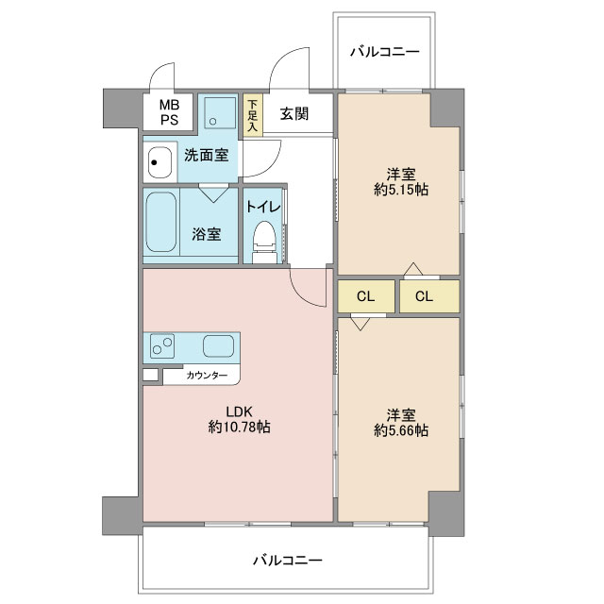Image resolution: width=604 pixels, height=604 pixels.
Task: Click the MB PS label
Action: point(170,112)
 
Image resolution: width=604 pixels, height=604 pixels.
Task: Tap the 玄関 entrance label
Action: point(294,113)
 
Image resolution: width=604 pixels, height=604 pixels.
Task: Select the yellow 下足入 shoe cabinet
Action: point(253,115)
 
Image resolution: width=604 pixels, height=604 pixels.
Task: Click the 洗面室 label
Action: point(206,155)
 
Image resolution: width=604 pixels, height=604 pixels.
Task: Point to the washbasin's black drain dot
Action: point(154,162)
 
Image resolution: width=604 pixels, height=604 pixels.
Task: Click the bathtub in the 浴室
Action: point(161,223)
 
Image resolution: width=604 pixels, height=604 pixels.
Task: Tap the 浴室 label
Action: point(207,234)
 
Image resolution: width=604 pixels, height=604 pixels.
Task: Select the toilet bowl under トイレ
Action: point(264,242)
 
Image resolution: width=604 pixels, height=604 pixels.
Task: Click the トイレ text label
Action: point(263,207)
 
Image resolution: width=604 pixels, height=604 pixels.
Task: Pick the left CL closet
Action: point(366,296)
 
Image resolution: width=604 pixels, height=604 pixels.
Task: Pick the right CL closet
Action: point(429,296)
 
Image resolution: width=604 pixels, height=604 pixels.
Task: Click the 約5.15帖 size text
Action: point(401,190)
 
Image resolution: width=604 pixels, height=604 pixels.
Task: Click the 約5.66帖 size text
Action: point(401,430)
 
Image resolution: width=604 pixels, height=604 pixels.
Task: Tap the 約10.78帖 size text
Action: point(239,427)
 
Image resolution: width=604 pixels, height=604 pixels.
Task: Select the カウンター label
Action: point(207,376)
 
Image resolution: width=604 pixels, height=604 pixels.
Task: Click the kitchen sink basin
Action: point(218,346)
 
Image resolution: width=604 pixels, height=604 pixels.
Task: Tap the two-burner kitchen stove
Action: point(162,346)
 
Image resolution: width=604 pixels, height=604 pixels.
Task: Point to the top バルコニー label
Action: point(384,52)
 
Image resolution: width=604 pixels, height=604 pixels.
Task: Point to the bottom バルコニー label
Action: point(287,560)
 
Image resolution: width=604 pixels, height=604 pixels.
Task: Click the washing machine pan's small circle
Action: point(212,122)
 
